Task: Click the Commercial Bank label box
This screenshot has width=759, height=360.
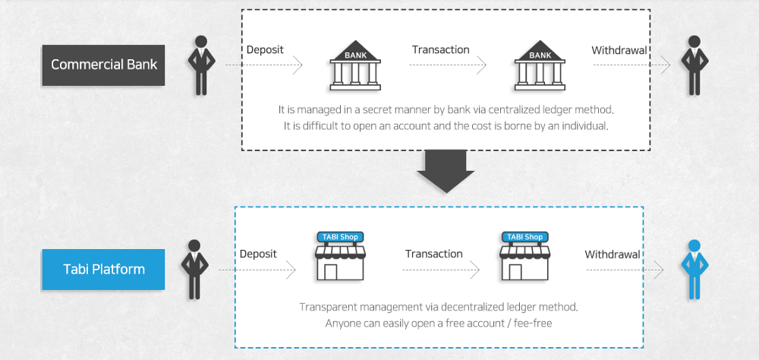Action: pos(103,65)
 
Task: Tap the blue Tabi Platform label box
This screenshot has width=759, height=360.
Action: pos(103,270)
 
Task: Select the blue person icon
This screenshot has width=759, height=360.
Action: pos(694,270)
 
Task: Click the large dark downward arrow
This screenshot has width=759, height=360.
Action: pos(446,171)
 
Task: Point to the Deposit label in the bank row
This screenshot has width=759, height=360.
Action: pos(265,50)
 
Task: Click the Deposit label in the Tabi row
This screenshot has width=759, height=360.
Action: pos(258,254)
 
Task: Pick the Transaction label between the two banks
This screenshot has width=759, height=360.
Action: pos(440,50)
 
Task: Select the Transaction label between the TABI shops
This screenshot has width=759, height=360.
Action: pos(433,254)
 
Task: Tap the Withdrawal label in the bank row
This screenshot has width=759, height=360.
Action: pos(619,50)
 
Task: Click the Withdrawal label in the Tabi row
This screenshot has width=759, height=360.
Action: pos(613,254)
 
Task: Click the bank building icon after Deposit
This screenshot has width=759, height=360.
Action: pos(355,65)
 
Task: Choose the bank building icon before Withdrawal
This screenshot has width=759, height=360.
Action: pos(540,65)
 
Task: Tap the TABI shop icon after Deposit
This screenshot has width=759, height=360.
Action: pos(340,256)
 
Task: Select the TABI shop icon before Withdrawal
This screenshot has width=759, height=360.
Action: pos(525,256)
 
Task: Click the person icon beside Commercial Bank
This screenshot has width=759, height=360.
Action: pos(201,65)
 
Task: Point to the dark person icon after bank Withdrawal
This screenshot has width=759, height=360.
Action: pos(694,65)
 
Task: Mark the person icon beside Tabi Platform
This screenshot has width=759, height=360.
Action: pos(194,270)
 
